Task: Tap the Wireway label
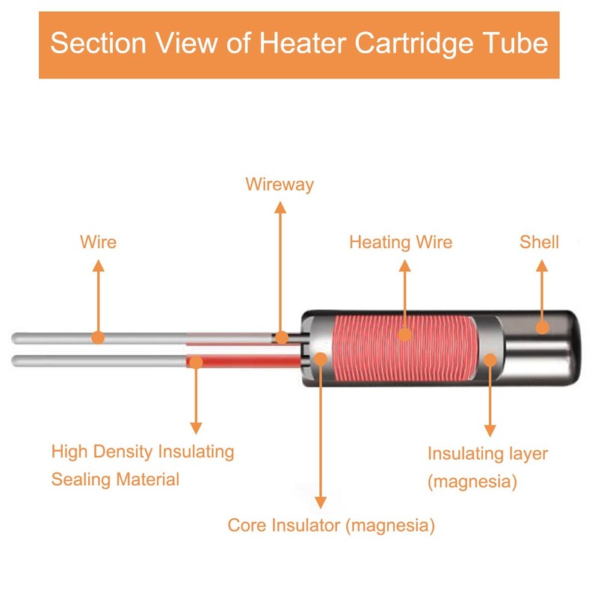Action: coord(280,184)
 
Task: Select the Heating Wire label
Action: coord(401,242)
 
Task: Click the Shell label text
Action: coord(539,242)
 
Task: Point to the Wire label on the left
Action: coord(98,242)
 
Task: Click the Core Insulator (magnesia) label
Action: coord(331,525)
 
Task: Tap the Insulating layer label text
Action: coord(487,454)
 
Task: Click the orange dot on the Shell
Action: coord(543,327)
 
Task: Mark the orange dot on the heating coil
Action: coord(404,334)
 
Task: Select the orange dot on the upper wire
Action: coord(98,337)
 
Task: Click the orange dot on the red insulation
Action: coord(196,362)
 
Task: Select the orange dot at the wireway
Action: coord(281,338)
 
